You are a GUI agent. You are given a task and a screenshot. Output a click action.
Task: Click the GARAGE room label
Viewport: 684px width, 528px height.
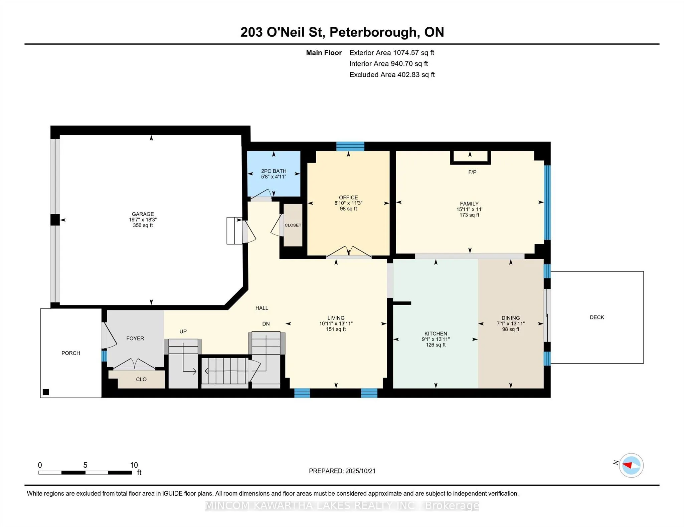pos(143,214)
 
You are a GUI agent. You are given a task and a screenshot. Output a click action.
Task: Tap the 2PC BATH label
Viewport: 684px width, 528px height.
pos(274,171)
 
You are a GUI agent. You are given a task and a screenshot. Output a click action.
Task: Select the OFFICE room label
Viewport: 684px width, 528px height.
pos(348,197)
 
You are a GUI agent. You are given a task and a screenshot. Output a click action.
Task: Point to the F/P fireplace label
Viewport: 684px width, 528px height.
pos(472,172)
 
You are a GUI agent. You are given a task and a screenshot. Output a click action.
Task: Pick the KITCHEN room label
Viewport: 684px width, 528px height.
pos(436,334)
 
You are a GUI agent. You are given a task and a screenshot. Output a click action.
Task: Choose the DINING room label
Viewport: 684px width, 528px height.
pos(511,318)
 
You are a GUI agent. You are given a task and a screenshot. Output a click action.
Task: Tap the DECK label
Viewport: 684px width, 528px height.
pos(597,317)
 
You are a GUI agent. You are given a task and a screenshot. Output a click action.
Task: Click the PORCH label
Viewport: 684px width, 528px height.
pos(71,353)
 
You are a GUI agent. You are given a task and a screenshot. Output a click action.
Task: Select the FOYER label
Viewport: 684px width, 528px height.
pos(135,338)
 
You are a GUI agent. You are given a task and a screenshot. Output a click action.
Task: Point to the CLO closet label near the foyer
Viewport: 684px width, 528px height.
pos(141,379)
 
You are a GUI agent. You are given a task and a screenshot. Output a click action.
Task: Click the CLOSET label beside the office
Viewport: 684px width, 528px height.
pos(293,225)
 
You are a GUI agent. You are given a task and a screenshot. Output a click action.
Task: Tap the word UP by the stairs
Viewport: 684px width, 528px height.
pos(183,331)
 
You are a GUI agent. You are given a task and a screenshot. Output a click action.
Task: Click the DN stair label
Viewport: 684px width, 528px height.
pos(266,324)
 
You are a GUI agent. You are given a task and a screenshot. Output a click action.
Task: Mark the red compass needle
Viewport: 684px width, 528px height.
pos(627,465)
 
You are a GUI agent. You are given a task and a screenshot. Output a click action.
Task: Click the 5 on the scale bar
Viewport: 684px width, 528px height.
pos(85,465)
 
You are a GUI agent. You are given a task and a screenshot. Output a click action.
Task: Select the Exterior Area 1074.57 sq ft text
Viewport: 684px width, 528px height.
pos(392,52)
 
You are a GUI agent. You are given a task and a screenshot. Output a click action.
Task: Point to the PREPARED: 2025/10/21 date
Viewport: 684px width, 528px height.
pos(342,471)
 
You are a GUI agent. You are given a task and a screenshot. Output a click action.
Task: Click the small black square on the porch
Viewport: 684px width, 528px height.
pos(46,392)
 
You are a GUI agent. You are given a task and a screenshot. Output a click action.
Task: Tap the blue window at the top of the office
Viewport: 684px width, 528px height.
pos(350,146)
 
